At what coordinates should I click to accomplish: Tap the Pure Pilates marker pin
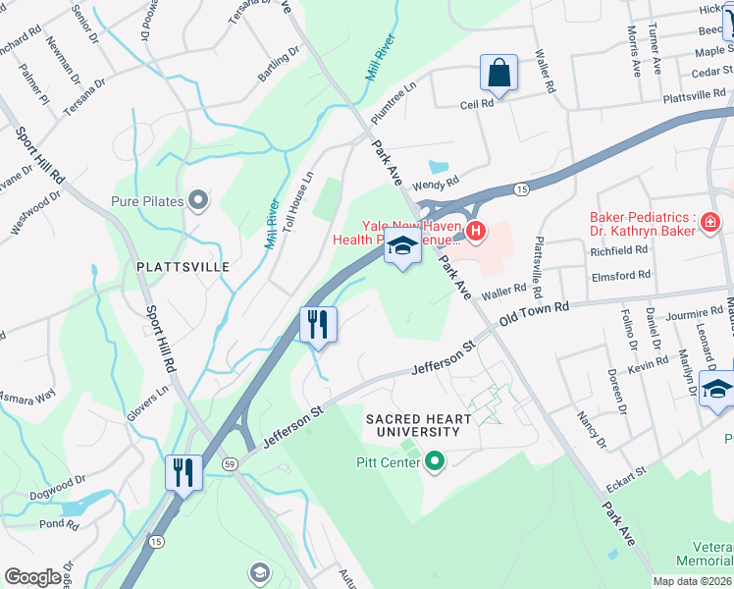(x=199, y=201)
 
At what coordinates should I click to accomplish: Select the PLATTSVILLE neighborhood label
(x=183, y=266)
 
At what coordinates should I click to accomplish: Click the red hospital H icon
(x=476, y=232)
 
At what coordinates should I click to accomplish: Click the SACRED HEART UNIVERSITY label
(x=426, y=425)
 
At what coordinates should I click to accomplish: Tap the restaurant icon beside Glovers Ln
(x=183, y=473)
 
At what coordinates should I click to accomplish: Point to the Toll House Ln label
(x=296, y=202)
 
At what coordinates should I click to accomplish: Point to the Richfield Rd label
(x=619, y=249)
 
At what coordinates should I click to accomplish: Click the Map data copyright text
(x=693, y=581)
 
